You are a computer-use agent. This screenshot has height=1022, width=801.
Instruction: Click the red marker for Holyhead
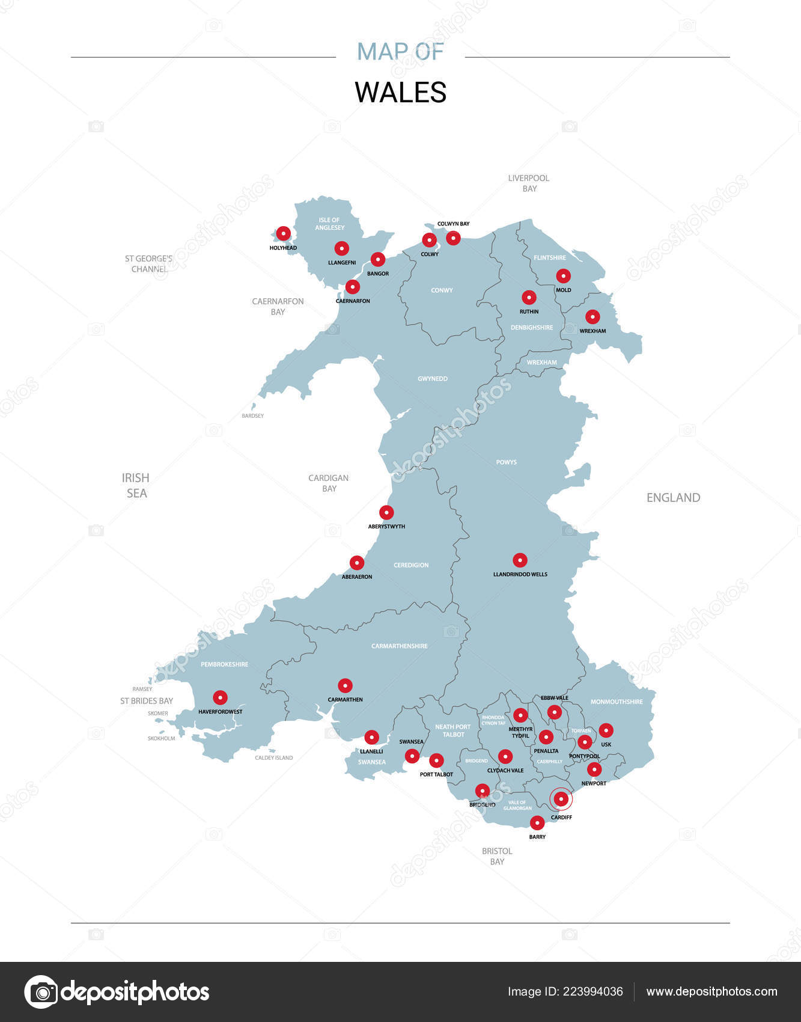[283, 233]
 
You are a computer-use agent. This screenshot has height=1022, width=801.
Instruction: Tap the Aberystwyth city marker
[386, 512]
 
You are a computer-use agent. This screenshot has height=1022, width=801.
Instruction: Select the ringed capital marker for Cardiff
[561, 799]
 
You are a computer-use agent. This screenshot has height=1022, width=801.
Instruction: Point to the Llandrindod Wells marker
[520, 560]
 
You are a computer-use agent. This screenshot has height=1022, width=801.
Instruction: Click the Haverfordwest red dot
[221, 697]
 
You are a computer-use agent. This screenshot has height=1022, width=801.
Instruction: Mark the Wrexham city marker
[592, 317]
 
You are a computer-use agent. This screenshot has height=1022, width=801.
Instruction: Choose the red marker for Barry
[537, 822]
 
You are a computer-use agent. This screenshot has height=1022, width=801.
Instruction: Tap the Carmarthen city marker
[345, 685]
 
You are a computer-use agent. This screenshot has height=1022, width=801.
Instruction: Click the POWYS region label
[506, 462]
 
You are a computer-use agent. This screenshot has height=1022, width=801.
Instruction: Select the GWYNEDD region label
[433, 379]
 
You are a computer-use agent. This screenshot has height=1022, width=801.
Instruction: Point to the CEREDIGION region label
[411, 565]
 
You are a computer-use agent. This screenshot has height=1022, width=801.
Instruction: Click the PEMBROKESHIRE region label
[224, 664]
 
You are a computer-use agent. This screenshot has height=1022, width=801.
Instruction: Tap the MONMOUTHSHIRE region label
[617, 702]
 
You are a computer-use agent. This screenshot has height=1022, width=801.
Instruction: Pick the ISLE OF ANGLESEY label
[329, 224]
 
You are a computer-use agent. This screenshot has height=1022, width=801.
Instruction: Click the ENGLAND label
[673, 498]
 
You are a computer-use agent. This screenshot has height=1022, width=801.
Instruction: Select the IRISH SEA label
[136, 485]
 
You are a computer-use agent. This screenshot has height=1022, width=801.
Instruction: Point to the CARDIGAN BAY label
[328, 483]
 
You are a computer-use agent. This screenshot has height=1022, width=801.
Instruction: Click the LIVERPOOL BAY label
[529, 183]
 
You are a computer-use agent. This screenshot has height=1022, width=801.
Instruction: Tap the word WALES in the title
[400, 93]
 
